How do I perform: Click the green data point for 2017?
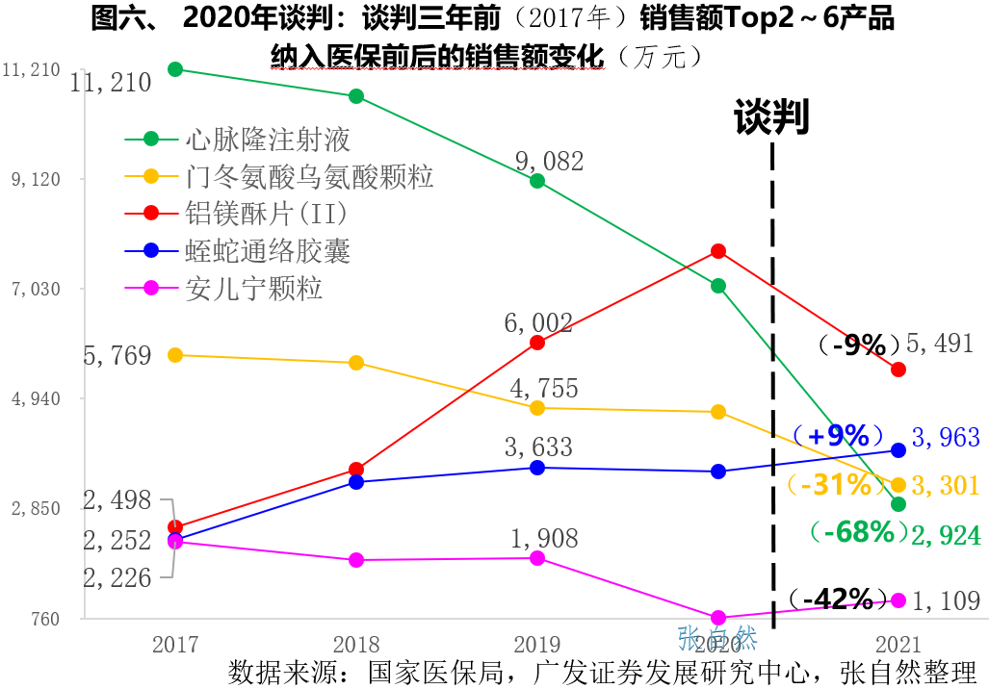click(x=175, y=69)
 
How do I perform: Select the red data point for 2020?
click(x=717, y=251)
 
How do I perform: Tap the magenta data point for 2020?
click(x=717, y=618)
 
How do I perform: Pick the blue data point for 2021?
click(x=898, y=449)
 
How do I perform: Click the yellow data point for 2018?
click(x=355, y=363)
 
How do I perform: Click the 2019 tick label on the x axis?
click(x=536, y=645)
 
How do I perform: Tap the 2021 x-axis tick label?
click(x=898, y=645)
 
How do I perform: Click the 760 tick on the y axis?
click(x=44, y=619)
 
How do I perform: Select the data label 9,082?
click(x=549, y=161)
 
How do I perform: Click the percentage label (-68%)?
click(x=859, y=532)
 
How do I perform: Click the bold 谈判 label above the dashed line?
click(x=771, y=116)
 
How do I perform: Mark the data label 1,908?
click(x=543, y=537)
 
